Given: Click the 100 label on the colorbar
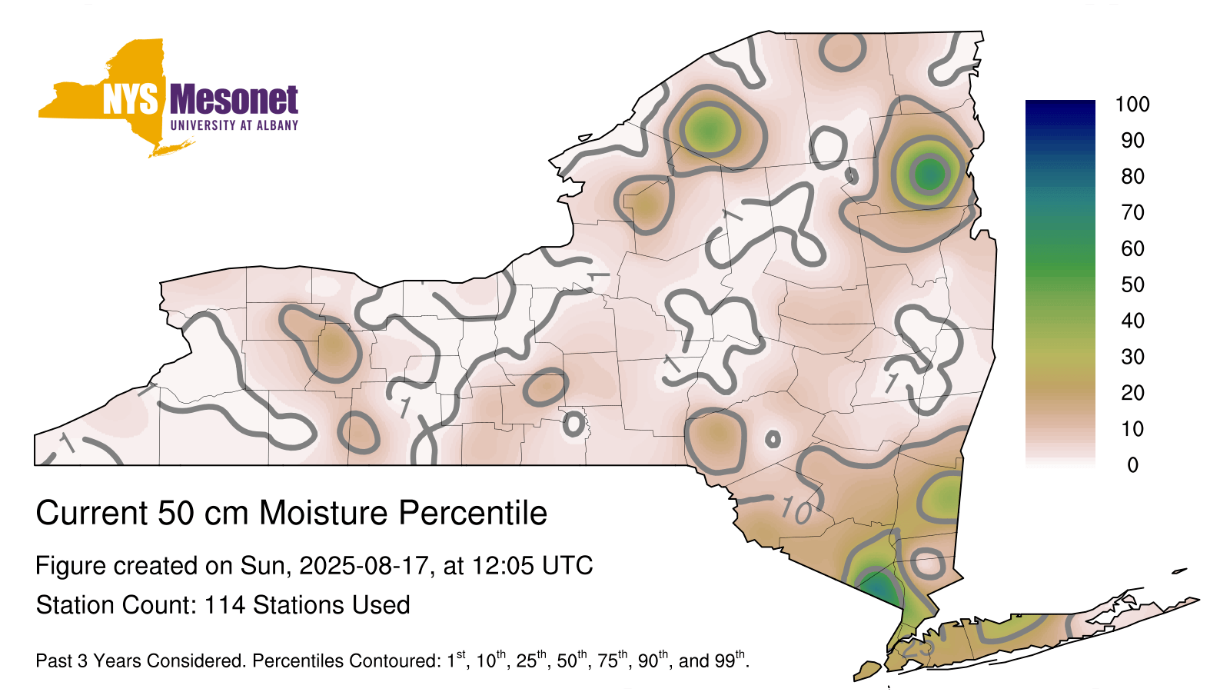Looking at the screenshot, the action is tap(1132, 105).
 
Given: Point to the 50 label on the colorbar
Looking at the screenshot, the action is tap(1132, 284).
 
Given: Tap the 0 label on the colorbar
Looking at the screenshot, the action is tap(1132, 465).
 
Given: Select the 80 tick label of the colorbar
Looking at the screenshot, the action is tap(1132, 176).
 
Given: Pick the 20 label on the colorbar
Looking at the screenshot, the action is tap(1132, 393).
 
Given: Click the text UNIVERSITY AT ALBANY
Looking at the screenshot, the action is tap(234, 125).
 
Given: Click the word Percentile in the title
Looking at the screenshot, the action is tap(473, 513).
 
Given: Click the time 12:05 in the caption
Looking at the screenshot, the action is tap(503, 566).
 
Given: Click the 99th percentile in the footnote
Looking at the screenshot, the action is tap(729, 659).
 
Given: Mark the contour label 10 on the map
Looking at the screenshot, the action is tap(796, 511).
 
